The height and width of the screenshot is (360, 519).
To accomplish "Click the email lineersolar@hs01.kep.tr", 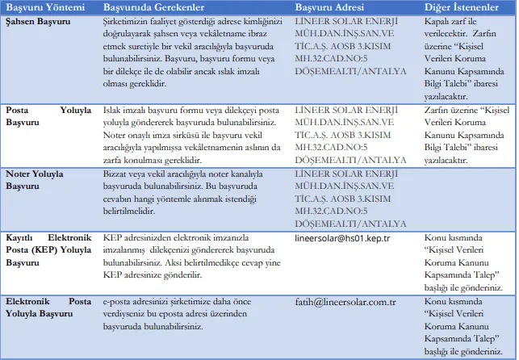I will (x=343, y=239).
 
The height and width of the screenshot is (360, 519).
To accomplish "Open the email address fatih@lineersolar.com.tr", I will (x=345, y=302).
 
